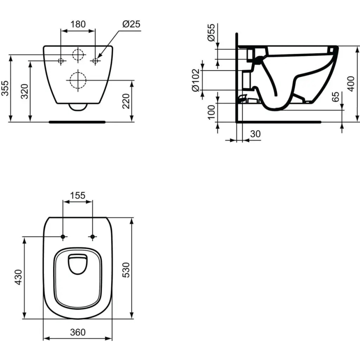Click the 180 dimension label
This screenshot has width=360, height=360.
tap(78, 24)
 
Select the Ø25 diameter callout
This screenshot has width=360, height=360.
tap(131, 24)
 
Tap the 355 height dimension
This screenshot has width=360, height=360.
tap(5, 88)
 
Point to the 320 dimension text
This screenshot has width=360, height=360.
tap(24, 91)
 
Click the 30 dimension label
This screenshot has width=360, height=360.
tap(256, 134)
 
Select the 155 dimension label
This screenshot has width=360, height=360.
tap(78, 195)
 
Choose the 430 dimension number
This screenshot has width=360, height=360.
tap(18, 277)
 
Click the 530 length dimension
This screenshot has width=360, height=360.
tap(126, 269)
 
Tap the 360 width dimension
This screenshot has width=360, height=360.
tap(78, 332)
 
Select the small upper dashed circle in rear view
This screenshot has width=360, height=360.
tap(78, 54)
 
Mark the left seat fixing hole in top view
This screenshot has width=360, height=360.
tap(63, 237)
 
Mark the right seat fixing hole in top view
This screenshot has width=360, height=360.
tap(92, 237)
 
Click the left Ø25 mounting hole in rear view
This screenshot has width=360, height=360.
tap(61, 61)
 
